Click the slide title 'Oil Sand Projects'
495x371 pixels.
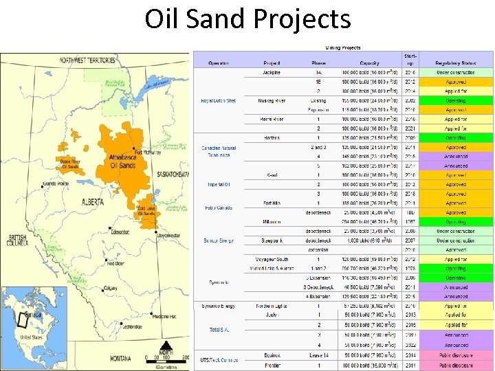tap(247, 19)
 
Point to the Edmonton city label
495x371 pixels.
tap(120, 232)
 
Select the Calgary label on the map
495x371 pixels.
tap(110, 288)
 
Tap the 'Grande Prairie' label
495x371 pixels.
tap(56, 184)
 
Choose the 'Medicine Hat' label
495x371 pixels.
tap(164, 316)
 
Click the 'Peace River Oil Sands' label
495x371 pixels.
tap(70, 162)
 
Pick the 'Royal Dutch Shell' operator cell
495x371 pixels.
tap(218, 100)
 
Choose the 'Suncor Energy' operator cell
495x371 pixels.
tap(218, 240)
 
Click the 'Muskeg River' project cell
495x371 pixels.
tap(271, 100)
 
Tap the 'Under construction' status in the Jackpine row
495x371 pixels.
tap(455, 72)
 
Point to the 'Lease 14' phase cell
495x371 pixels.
tap(318, 357)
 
